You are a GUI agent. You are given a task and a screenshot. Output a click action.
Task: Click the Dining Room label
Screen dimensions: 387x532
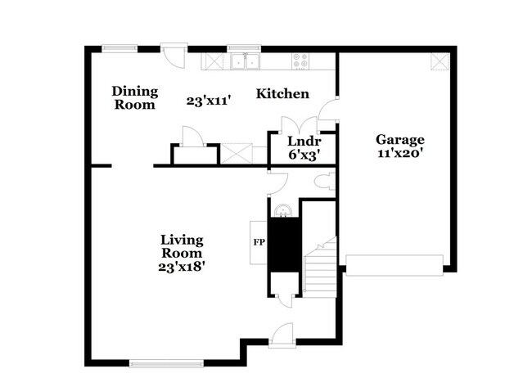pyautogui.click(x=135, y=97)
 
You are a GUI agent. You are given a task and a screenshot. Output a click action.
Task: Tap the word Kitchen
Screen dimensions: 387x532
pyautogui.click(x=282, y=94)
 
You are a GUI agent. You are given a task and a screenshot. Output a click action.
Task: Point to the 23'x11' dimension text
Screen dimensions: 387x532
pyautogui.click(x=208, y=101)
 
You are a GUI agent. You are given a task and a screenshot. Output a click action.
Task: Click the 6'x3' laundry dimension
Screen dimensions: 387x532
pyautogui.click(x=303, y=153)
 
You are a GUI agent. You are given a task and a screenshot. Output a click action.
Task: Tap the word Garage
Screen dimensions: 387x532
pyautogui.click(x=400, y=139)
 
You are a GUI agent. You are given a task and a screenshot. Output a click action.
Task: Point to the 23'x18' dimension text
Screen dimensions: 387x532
pyautogui.click(x=182, y=265)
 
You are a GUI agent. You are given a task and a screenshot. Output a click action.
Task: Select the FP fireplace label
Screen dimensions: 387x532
pyautogui.click(x=257, y=242)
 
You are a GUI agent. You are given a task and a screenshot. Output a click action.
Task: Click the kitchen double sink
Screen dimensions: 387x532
pyautogui.click(x=244, y=61)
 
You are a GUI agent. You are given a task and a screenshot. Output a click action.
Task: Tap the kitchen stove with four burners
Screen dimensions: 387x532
pyautogui.click(x=300, y=61)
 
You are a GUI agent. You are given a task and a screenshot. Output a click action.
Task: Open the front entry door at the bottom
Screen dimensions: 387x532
pyautogui.click(x=281, y=332)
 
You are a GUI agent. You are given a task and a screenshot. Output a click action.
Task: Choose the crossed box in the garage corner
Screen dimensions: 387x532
pyautogui.click(x=440, y=61)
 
